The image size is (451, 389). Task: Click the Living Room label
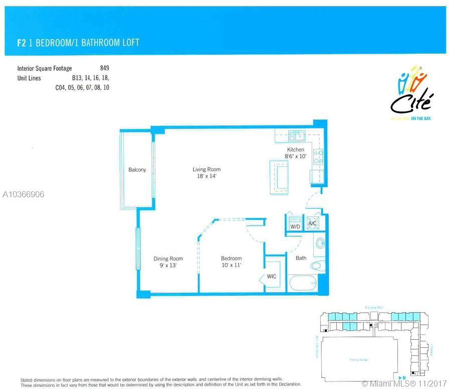[x=206, y=173]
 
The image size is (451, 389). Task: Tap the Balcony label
[x=137, y=170]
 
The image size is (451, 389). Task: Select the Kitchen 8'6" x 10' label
[x=295, y=153]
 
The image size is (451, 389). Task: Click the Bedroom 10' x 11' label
[x=231, y=262]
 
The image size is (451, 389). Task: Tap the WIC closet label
[x=271, y=277]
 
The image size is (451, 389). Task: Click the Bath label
[x=301, y=258]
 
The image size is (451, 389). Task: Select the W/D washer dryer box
[x=295, y=224]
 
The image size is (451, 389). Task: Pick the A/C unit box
[x=313, y=223]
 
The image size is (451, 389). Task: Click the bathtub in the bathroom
[x=303, y=284]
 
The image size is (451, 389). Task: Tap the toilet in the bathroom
[x=317, y=266]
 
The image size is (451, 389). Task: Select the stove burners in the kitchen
[x=317, y=157]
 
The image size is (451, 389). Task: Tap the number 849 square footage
[x=104, y=68]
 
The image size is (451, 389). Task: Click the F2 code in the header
[x=21, y=43]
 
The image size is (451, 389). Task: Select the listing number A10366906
[x=23, y=194]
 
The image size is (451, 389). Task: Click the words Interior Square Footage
[x=45, y=68]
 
